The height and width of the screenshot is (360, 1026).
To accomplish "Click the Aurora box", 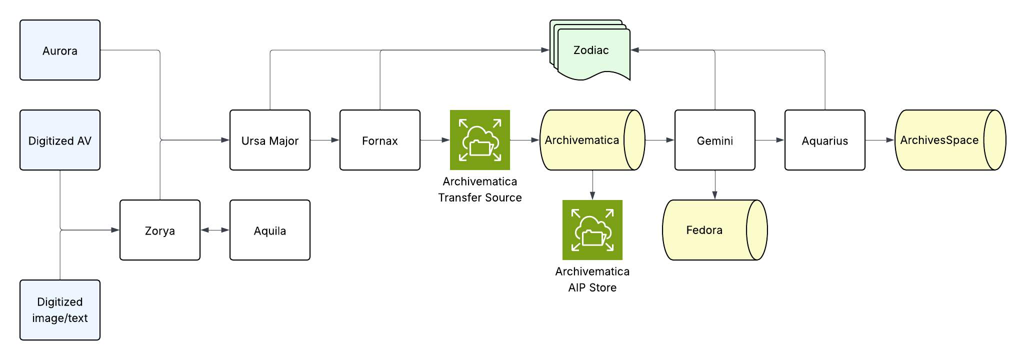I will [60, 50].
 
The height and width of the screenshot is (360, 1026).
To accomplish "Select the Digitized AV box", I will [60, 140].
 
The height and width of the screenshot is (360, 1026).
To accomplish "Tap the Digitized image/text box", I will [60, 310].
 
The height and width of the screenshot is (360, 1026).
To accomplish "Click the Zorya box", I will [160, 230].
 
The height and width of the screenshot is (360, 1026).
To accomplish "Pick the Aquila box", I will [270, 230].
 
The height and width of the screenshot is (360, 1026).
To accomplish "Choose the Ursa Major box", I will [270, 140].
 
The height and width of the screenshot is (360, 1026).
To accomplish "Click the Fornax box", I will [380, 140].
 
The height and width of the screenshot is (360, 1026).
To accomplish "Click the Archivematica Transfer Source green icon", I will [480, 140].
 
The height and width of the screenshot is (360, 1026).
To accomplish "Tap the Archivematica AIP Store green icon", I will [592, 230].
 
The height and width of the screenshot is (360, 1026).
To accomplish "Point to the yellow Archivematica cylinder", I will [585, 140].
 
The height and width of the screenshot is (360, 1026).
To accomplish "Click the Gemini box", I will [715, 140].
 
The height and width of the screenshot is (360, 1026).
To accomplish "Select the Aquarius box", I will [825, 140].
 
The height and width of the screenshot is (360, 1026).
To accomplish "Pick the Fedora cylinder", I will [707, 230].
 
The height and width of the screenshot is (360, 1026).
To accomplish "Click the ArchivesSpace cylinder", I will [942, 140].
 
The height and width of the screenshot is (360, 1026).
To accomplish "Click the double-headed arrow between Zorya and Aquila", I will [215, 230].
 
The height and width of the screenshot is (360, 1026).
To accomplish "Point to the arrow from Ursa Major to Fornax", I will [325, 140].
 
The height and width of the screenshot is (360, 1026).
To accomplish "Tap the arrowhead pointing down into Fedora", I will [715, 195].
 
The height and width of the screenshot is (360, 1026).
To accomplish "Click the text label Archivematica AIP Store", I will [592, 279].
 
